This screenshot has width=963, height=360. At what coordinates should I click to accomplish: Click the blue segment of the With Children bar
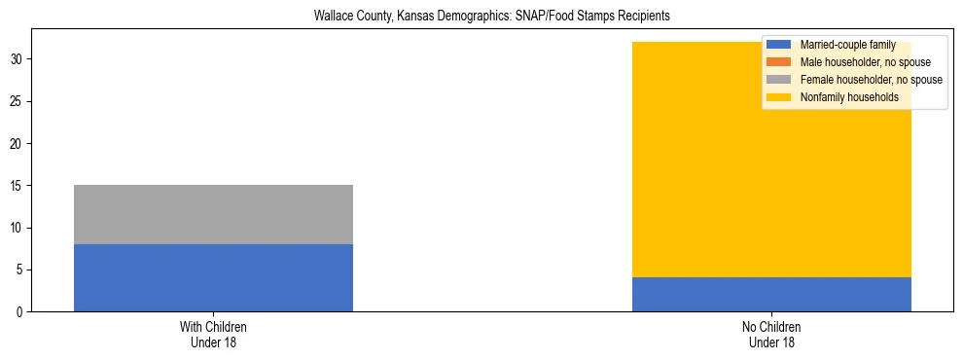213,277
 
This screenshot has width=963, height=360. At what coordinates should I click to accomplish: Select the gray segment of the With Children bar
213,214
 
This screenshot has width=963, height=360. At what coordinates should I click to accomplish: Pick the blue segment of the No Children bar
771,294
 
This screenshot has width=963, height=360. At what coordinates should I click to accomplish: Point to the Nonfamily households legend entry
849,97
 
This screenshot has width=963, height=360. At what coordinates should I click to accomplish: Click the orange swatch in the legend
779,62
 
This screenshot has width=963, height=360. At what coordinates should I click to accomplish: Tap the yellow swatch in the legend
779,97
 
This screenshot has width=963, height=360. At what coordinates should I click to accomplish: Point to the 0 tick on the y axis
21,312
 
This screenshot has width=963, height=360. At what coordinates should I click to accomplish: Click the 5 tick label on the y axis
21,270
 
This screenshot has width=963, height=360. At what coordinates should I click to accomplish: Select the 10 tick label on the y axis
18,228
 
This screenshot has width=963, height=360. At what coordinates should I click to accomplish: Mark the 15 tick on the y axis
18,186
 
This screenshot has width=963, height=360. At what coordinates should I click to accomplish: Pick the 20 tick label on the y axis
18,144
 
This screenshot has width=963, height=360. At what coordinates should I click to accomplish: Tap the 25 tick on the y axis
18,101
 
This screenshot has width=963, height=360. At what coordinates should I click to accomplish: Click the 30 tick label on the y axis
18,59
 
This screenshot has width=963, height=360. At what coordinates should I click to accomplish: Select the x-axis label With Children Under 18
213,334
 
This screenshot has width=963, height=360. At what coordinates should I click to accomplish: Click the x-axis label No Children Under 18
771,334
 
